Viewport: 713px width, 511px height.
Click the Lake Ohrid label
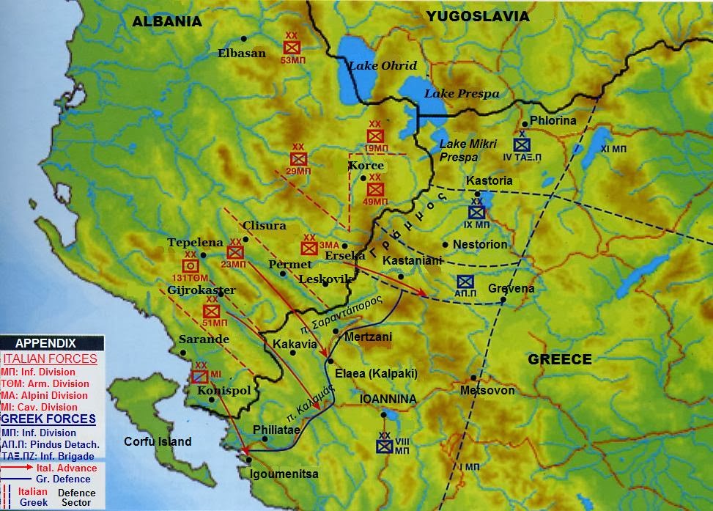point(382,66)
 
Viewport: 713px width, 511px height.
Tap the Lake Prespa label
point(462,94)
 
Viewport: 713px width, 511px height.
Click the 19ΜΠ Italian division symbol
point(375,136)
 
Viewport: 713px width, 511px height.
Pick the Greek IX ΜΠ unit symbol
point(477,213)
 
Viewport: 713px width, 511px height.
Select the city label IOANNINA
point(388,400)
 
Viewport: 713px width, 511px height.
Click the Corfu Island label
point(158,441)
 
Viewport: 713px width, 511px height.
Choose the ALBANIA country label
point(166,22)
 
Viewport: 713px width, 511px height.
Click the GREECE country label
point(560,359)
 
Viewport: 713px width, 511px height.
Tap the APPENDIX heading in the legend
point(45,343)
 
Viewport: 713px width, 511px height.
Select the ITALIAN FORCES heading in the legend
point(50,359)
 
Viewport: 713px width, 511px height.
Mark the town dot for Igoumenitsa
point(250,460)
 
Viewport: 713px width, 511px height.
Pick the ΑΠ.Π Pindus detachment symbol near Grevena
point(465,282)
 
